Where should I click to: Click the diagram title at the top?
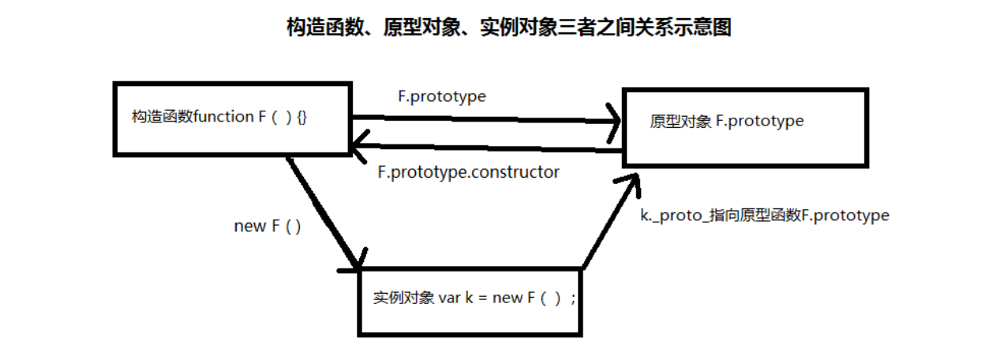click(508, 28)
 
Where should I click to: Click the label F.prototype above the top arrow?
click(441, 96)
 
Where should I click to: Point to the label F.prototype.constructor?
click(468, 171)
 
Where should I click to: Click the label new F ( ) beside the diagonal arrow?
click(268, 226)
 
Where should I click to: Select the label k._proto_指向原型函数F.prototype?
click(764, 215)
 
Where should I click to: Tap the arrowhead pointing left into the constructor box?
click(360, 144)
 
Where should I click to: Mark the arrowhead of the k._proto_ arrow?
click(631, 183)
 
